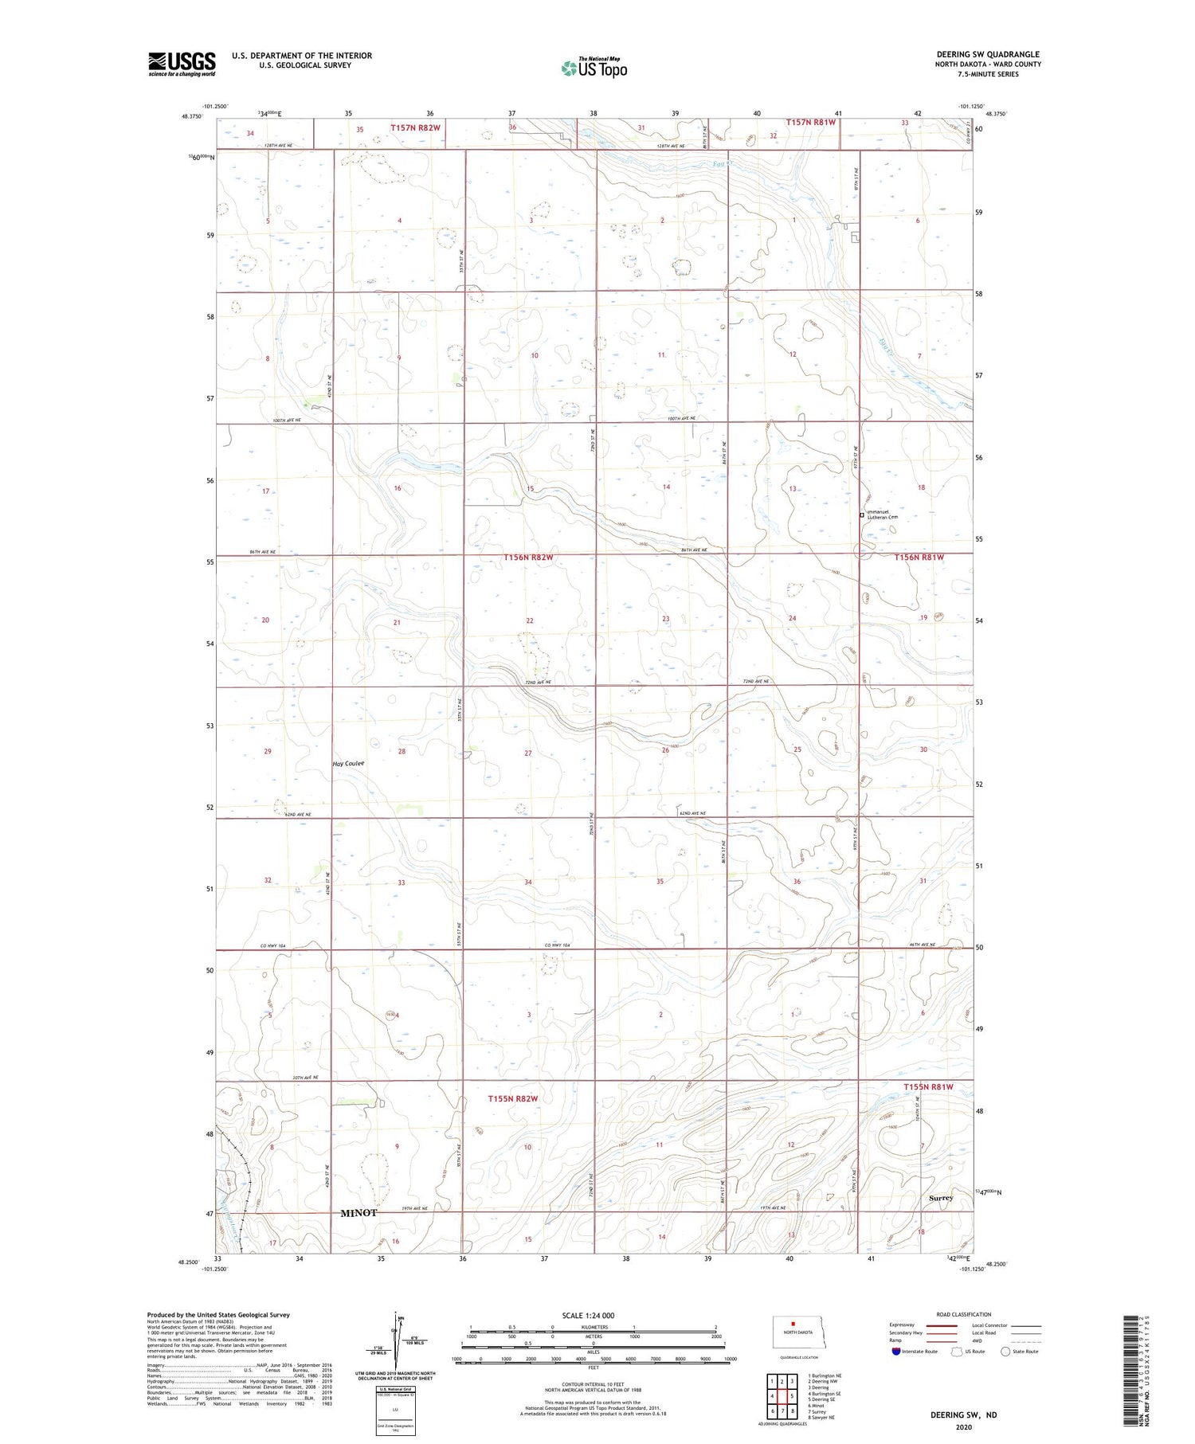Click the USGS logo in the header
click(182, 64)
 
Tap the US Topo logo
click(594, 68)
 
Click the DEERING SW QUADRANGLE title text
click(988, 54)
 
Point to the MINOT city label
click(358, 1213)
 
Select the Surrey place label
click(940, 1198)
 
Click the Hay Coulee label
click(349, 763)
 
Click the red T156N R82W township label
click(527, 558)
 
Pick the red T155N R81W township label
click(928, 1086)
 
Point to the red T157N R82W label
click(415, 127)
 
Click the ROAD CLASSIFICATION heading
click(964, 1314)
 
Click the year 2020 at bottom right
click(963, 1427)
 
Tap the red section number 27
click(527, 753)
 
